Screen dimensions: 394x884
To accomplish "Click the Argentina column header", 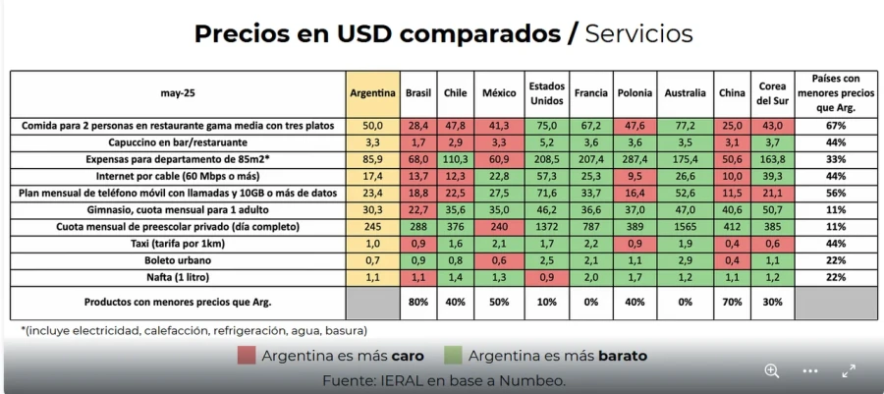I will pyautogui.click(x=371, y=93).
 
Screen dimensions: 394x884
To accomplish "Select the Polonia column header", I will pyautogui.click(x=635, y=93).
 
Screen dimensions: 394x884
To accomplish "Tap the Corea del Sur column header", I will pyautogui.click(x=771, y=93).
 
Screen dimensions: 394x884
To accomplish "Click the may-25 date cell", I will pyautogui.click(x=177, y=93).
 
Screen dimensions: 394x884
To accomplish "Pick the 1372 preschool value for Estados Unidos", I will pyautogui.click(x=547, y=226).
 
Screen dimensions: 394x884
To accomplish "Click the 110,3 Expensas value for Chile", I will pyautogui.click(x=456, y=159).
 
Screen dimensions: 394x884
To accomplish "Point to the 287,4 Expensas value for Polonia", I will pyautogui.click(x=635, y=159).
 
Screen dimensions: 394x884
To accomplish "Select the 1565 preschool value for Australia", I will pyautogui.click(x=685, y=226).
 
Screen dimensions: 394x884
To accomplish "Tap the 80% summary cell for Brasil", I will pyautogui.click(x=419, y=302).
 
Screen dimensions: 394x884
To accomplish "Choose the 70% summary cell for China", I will pyautogui.click(x=732, y=302).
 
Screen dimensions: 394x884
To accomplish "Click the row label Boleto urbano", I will pyautogui.click(x=177, y=259).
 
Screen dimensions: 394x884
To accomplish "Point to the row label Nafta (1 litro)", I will pyautogui.click(x=177, y=276).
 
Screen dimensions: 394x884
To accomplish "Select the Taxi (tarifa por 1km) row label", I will pyautogui.click(x=177, y=243).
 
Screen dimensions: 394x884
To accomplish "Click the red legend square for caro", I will pyautogui.click(x=246, y=355).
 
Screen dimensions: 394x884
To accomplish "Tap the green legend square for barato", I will pyautogui.click(x=453, y=355).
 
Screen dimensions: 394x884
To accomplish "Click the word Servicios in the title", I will pyautogui.click(x=638, y=33).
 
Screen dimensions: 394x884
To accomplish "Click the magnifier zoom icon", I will pyautogui.click(x=772, y=370).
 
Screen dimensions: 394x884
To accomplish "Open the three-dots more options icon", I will pyautogui.click(x=810, y=370).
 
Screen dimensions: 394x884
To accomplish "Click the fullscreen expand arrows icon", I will pyautogui.click(x=849, y=370).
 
